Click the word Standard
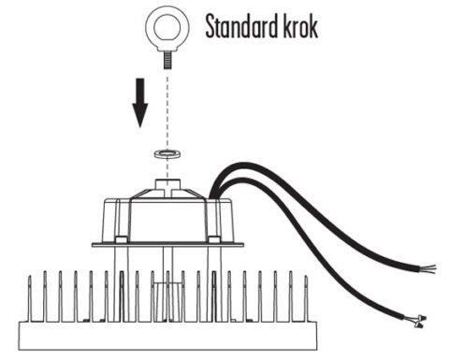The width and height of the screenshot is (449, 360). pos(241,27)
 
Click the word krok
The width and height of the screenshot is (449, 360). pos(300,26)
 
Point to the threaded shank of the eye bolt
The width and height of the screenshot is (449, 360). pos(167,61)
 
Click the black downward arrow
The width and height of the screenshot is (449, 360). pos(140,103)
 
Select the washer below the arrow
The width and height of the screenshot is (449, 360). pos(168,153)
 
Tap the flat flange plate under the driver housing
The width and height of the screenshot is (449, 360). pos(167,245)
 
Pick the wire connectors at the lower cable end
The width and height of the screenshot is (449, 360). pos(418,322)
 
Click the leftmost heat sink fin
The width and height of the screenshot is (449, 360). pos(30,298)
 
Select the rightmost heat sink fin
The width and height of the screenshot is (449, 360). pos(306,298)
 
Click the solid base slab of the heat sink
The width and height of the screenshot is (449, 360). pos(167,336)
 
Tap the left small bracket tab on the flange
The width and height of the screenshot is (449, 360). pos(121,239)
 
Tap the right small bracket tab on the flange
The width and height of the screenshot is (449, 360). pos(213,239)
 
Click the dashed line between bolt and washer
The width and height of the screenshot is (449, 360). pos(167,109)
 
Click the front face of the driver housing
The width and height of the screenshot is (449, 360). pos(167,221)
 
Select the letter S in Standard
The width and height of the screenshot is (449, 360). pos(210,27)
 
